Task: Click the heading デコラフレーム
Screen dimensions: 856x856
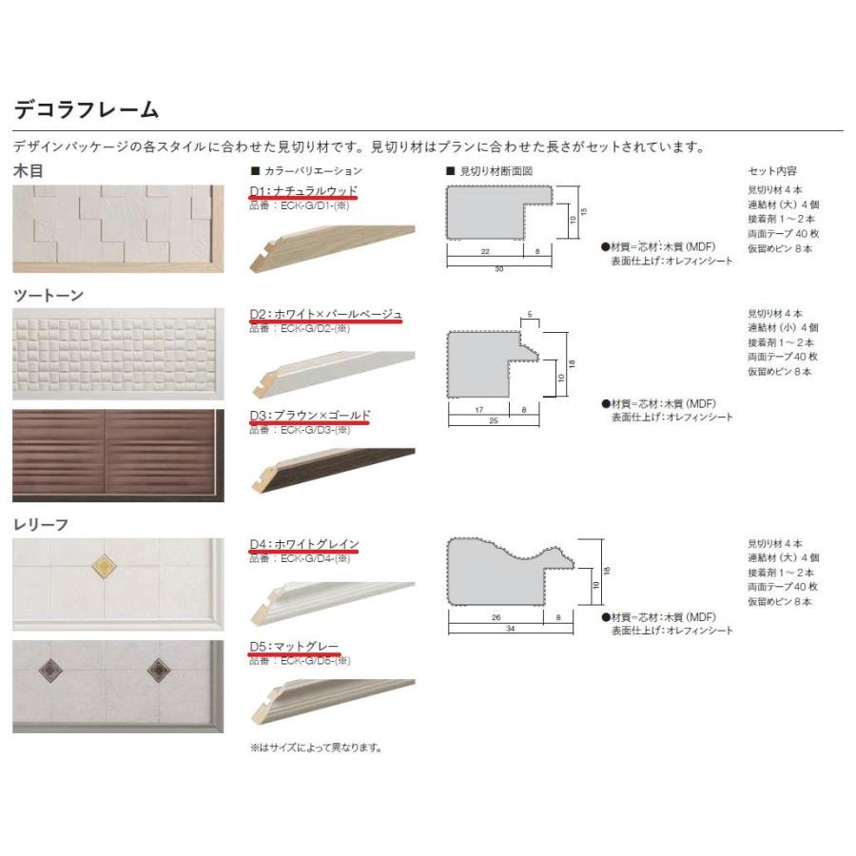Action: pyautogui.click(x=86, y=109)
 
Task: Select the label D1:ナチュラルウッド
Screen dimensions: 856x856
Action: pyautogui.click(x=303, y=191)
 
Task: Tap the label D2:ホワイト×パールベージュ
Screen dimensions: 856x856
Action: pyautogui.click(x=326, y=314)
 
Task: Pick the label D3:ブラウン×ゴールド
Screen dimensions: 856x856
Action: pyautogui.click(x=309, y=415)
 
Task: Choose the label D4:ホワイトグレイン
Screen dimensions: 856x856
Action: pyautogui.click(x=304, y=544)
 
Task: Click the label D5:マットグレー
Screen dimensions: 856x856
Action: pyautogui.click(x=294, y=647)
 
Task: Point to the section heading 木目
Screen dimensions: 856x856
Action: pyautogui.click(x=28, y=172)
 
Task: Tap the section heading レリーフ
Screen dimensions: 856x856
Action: pyautogui.click(x=41, y=524)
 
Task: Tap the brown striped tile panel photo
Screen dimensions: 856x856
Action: pyautogui.click(x=118, y=456)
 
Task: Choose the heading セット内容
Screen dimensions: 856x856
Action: pyautogui.click(x=772, y=172)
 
